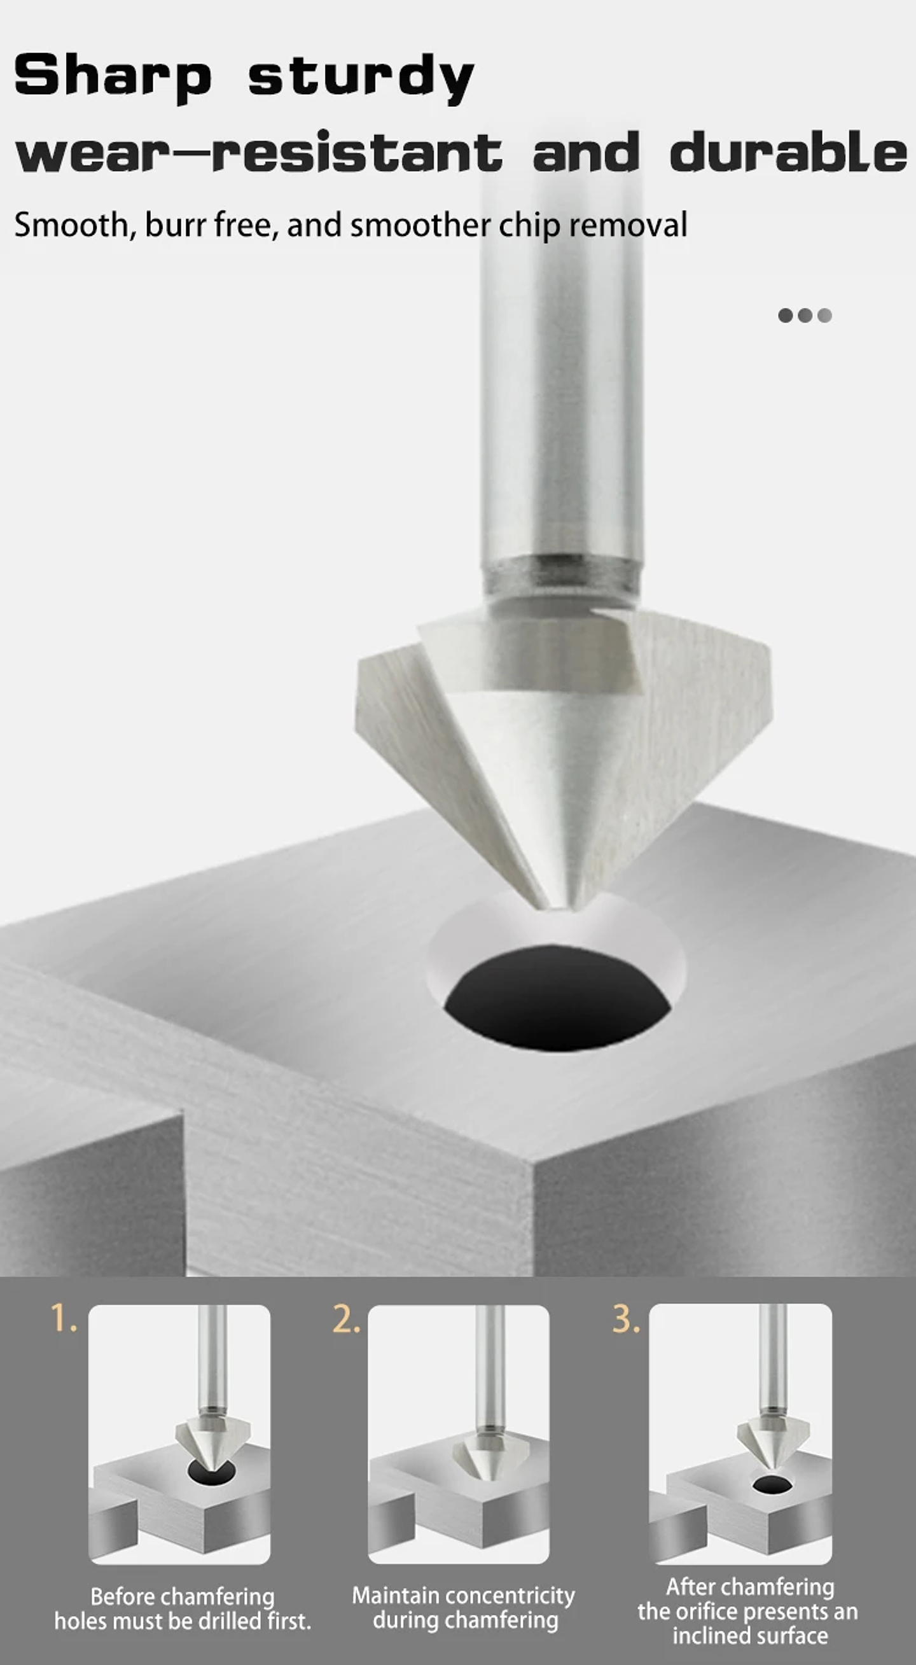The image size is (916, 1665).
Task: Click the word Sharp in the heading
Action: click(x=113, y=76)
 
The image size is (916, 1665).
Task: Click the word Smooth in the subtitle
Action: click(x=71, y=225)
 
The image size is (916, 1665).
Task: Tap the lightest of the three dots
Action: click(x=824, y=316)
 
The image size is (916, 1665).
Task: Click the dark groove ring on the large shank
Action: click(x=561, y=572)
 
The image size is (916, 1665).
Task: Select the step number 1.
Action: click(x=63, y=1318)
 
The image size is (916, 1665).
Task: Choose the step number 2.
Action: click(x=345, y=1318)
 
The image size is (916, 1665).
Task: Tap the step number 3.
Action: click(x=625, y=1318)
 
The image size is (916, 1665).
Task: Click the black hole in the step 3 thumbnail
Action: click(x=772, y=1485)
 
